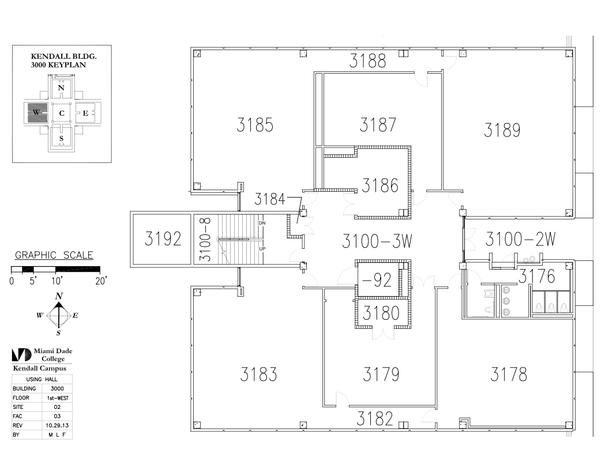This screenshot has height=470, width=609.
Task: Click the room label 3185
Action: click(254, 125)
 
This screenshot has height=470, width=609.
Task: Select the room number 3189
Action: click(502, 130)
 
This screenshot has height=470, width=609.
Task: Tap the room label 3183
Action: click(258, 374)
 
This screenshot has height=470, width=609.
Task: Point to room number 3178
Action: click(509, 375)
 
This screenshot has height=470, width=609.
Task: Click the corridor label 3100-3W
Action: click(377, 241)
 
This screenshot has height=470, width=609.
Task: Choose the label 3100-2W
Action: click(520, 239)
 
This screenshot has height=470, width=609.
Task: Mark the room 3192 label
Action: click(163, 240)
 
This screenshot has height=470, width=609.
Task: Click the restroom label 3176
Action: click(536, 277)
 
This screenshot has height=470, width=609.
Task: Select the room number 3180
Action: click(381, 313)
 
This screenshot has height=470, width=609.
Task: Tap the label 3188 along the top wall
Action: click(367, 62)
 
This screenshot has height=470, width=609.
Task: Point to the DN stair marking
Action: click(262, 223)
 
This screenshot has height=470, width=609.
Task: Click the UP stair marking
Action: click(262, 249)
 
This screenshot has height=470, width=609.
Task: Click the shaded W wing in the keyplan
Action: click(36, 113)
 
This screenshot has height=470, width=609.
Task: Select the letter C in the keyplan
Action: click(61, 113)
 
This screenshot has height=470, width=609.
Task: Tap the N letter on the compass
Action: click(59, 296)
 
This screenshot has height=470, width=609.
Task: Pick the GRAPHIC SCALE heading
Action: click(54, 256)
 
